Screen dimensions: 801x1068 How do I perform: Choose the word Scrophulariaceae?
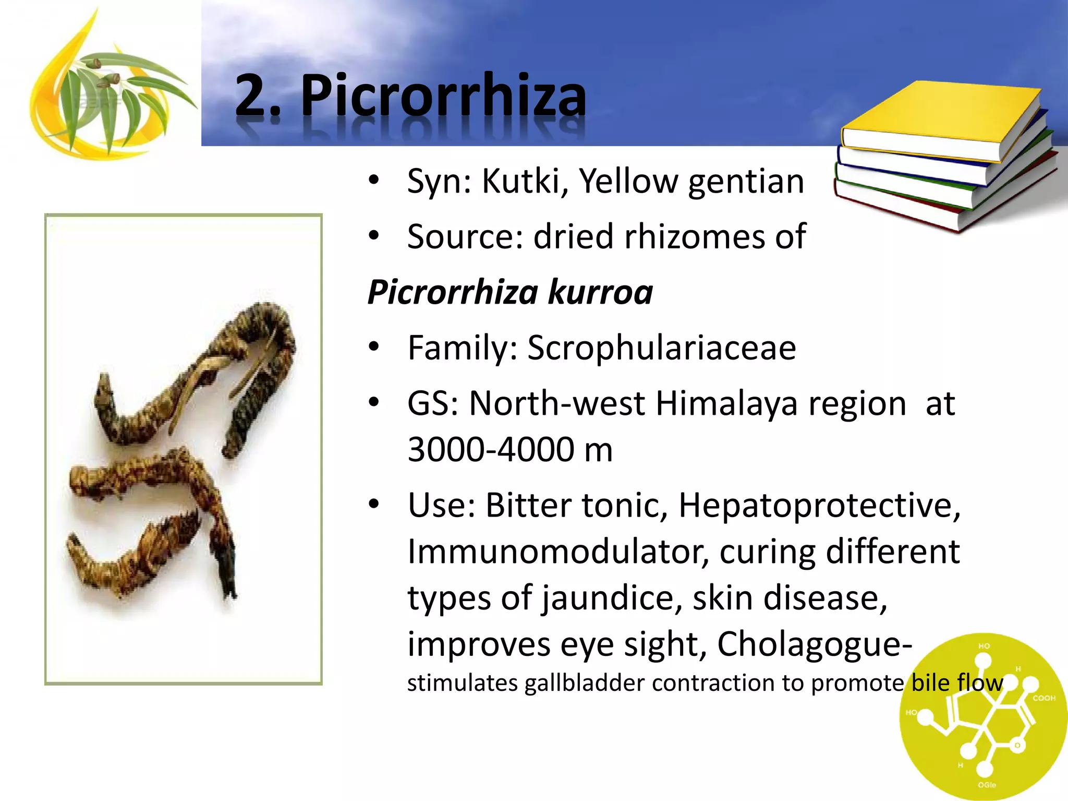[x=662, y=348]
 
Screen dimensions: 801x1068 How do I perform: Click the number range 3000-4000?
[x=491, y=450]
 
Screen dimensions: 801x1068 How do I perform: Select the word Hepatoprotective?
[x=819, y=506]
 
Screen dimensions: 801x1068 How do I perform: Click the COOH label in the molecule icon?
[x=1044, y=698]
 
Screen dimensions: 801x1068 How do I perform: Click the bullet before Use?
[x=373, y=505]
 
